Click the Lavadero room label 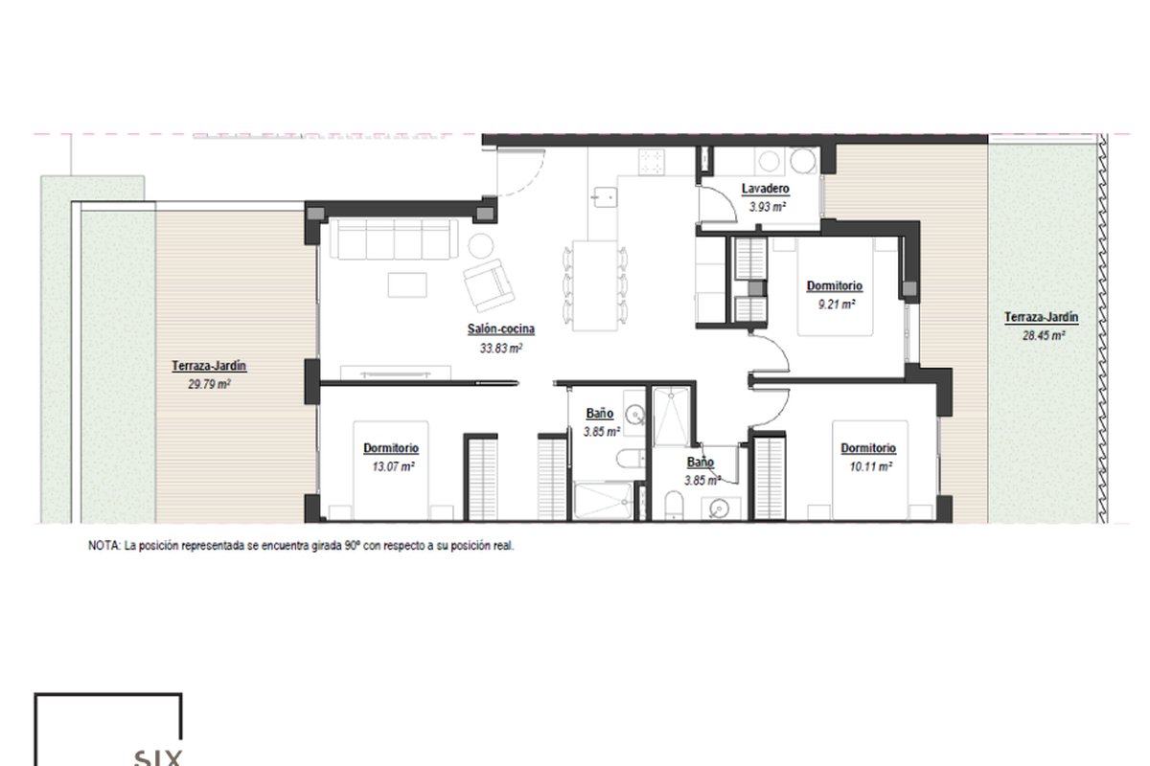[x=765, y=189]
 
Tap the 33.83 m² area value [x=501, y=349]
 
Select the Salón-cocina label [x=500, y=328]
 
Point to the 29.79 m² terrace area [x=209, y=384]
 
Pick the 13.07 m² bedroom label [x=391, y=448]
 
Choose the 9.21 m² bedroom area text [x=837, y=304]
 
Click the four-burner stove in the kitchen [x=653, y=162]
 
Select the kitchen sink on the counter [x=604, y=196]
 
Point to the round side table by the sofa [x=481, y=247]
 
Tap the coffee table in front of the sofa [x=407, y=284]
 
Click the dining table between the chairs [x=595, y=285]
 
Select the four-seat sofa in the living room [x=394, y=239]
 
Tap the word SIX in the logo [x=158, y=757]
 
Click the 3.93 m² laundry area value [x=768, y=207]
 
